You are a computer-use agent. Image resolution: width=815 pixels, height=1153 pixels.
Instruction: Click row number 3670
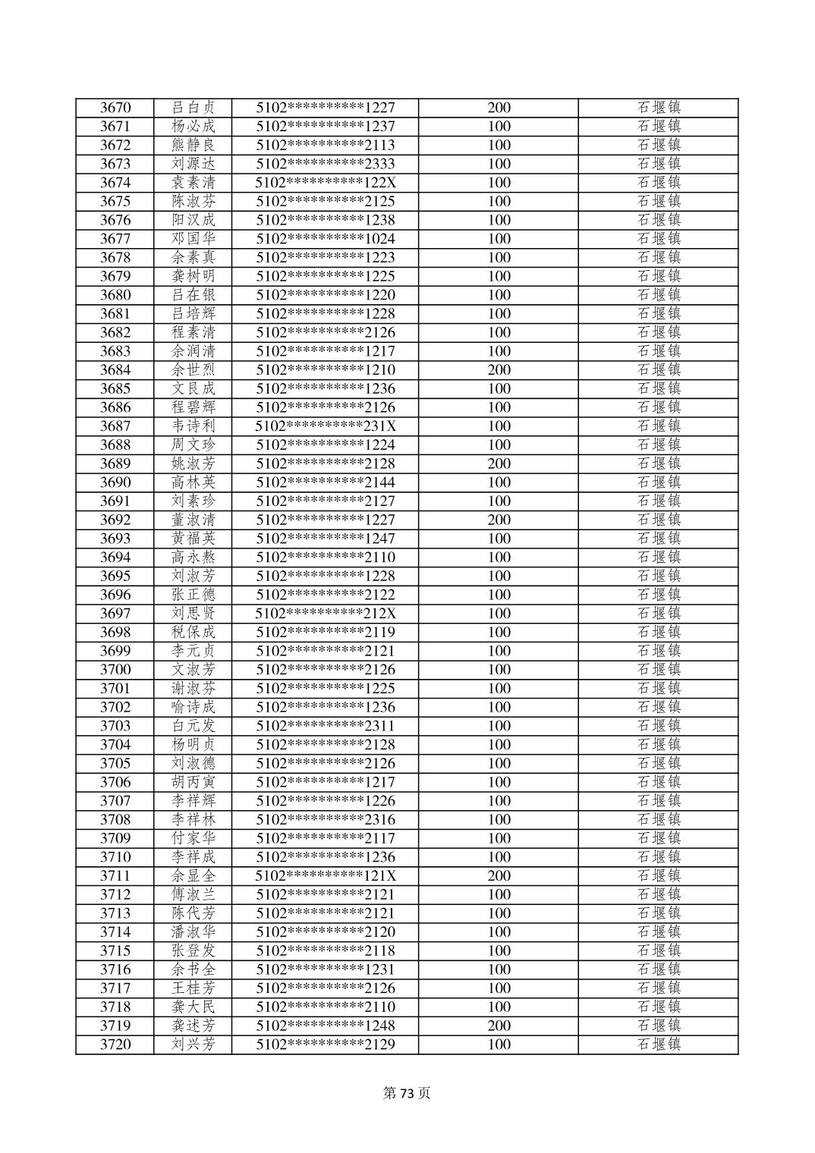point(115,108)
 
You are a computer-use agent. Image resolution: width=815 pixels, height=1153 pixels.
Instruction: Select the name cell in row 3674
point(194,183)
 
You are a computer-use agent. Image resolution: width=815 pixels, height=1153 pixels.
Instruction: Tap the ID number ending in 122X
point(326,183)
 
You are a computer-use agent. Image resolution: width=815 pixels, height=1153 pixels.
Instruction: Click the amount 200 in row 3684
point(499,370)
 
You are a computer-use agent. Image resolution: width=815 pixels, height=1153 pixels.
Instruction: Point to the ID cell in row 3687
point(326,426)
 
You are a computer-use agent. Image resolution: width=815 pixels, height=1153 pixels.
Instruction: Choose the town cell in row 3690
point(658,482)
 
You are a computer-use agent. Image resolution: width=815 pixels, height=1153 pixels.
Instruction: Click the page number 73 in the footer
point(407,1093)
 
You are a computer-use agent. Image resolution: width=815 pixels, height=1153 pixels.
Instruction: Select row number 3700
point(115,670)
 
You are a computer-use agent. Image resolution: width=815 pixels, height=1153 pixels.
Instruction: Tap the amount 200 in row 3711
point(499,876)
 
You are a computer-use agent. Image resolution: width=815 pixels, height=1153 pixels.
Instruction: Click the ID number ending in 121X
point(326,876)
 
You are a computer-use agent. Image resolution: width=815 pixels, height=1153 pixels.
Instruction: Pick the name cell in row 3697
point(194,614)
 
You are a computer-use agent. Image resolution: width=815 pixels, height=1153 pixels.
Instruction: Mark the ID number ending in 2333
point(326,164)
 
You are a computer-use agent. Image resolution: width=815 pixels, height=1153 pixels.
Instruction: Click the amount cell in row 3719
point(499,1026)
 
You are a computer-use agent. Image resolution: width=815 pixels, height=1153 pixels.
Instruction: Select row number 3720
point(115,1045)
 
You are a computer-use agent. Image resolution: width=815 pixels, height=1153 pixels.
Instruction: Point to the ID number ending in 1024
point(326,239)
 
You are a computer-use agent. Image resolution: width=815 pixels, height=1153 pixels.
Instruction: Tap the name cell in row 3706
point(194,782)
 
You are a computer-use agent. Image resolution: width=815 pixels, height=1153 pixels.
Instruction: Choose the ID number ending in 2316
point(326,820)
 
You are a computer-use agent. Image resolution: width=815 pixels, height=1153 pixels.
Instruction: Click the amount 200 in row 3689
point(499,463)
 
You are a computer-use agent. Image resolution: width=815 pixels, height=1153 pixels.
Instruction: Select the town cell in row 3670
point(658,108)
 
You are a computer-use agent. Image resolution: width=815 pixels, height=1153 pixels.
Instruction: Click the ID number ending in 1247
point(326,539)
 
